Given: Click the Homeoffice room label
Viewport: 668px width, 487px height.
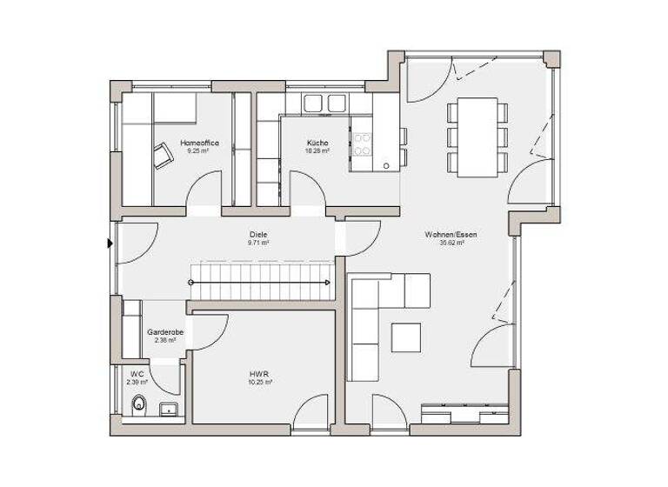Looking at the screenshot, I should (199, 143).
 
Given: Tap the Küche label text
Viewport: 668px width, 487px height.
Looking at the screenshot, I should (317, 143).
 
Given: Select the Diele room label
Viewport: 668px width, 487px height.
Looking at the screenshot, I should (257, 235).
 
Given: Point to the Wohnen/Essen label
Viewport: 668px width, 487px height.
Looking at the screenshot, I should (451, 235).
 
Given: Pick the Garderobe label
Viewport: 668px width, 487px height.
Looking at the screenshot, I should (164, 332).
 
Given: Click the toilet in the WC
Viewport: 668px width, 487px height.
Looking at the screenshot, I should (137, 404).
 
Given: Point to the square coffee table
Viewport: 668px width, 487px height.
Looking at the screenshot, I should (405, 337).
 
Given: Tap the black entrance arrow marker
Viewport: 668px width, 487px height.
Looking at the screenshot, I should (110, 243).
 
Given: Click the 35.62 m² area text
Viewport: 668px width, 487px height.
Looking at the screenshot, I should (451, 243).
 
